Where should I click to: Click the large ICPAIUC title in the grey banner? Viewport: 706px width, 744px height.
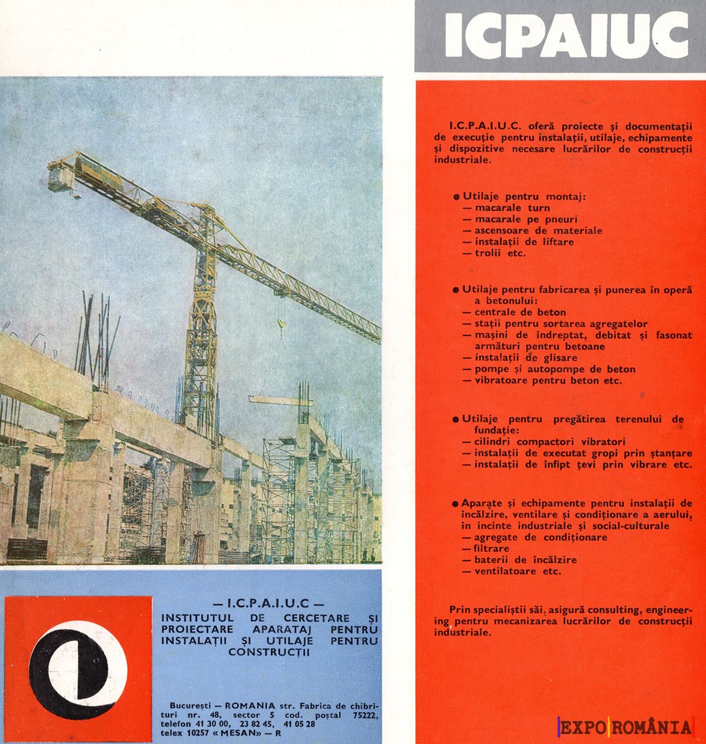pyautogui.click(x=566, y=36)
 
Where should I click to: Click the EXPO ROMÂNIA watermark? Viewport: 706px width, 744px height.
pyautogui.click(x=625, y=727)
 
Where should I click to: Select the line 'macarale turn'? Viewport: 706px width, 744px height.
pyautogui.click(x=512, y=208)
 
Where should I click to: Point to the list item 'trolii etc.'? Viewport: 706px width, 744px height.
pyautogui.click(x=500, y=253)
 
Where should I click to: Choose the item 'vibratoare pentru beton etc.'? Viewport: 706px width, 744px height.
pyautogui.click(x=547, y=381)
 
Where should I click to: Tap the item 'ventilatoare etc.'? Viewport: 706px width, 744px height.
pyautogui.click(x=518, y=571)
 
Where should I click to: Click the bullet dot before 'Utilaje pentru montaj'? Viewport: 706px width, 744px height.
pyautogui.click(x=456, y=197)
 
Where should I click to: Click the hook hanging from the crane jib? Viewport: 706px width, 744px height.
pyautogui.click(x=280, y=323)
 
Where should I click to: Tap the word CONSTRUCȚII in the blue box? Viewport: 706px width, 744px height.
pyautogui.click(x=268, y=652)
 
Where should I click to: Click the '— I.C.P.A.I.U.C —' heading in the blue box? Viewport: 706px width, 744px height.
pyautogui.click(x=268, y=603)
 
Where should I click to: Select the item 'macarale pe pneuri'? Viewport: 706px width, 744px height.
pyautogui.click(x=526, y=219)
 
